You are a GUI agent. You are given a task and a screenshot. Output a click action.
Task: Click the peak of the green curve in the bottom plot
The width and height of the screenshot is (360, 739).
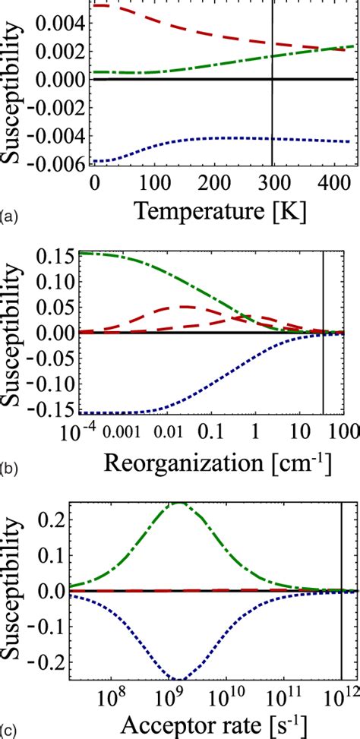(x=180, y=503)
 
